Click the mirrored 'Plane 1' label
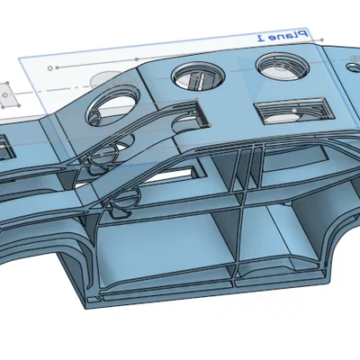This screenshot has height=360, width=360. [x=283, y=35]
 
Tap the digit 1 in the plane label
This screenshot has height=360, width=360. [x=261, y=38]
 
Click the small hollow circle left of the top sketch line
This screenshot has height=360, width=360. [x=50, y=68]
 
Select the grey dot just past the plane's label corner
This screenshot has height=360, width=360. [x=322, y=40]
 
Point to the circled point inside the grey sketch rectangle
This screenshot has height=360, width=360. [x=4, y=95]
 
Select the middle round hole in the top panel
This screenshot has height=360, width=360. [x=199, y=76]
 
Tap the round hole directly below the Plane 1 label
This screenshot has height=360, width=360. [x=283, y=66]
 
